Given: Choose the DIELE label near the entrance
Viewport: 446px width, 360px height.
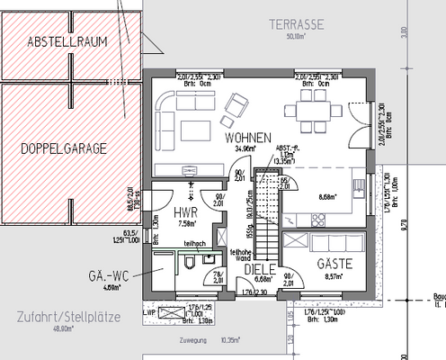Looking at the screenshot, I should click(259, 268).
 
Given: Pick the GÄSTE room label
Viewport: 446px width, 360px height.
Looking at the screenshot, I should click(334, 264).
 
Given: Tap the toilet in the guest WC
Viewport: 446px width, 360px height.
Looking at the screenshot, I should click(190, 262).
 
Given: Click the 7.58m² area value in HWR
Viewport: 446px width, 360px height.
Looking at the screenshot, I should click(188, 225).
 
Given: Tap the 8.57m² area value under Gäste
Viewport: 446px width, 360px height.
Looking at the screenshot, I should click(333, 278).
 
